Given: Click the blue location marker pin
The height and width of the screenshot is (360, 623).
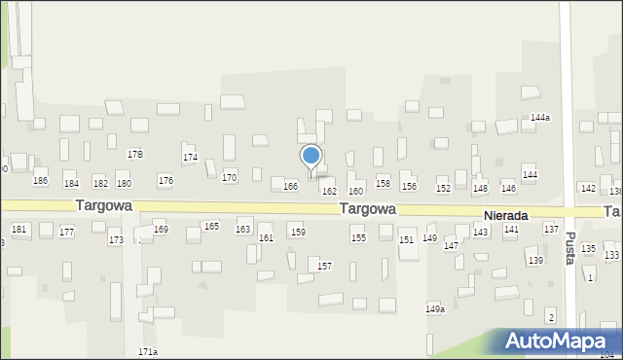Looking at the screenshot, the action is tap(311, 158).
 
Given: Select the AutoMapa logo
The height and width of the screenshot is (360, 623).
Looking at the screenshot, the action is tap(556, 342).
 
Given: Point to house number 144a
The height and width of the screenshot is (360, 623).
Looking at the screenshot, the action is tap(540, 117).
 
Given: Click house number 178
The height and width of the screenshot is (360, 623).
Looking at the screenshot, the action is tap(135, 155).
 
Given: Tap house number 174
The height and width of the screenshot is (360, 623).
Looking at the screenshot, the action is tap(191, 157).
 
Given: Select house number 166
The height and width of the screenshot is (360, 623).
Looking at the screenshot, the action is tap(290, 186).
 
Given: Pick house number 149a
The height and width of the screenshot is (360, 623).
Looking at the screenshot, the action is tap(435, 309).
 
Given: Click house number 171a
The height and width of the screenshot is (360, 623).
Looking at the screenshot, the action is tap(148, 351).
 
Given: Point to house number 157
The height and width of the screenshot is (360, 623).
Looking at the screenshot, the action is tap(325, 266).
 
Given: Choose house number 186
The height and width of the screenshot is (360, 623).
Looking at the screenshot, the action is tap(40, 181).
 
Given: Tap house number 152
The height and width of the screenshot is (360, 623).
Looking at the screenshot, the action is tap(443, 188).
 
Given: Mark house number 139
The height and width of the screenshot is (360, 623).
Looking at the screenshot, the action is tap(535, 261).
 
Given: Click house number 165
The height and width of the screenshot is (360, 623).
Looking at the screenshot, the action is tap(211, 226).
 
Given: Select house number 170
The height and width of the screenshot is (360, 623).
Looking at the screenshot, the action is tap(229, 178).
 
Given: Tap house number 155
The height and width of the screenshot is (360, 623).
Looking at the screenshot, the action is tap(358, 238).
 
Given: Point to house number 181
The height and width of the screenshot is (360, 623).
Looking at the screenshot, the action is tap(18, 229).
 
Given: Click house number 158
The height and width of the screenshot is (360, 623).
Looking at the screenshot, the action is tap(384, 183).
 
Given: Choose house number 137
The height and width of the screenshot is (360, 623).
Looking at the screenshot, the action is tap(551, 229).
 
